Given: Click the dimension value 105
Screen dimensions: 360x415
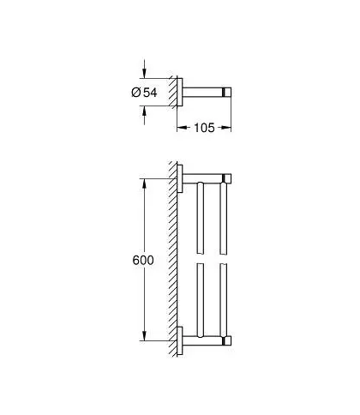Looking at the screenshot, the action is [x=204, y=128].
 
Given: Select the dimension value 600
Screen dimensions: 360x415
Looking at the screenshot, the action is [x=143, y=260].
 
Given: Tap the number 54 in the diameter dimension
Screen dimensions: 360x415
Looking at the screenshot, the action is [x=150, y=93].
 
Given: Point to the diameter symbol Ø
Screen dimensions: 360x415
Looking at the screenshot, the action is [x=136, y=93].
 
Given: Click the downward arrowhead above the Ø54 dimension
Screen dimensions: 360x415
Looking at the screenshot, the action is [x=144, y=73].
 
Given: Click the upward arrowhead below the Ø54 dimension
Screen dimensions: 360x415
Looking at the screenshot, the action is [x=144, y=111].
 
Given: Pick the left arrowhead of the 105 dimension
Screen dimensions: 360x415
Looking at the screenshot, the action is [x=183, y=128].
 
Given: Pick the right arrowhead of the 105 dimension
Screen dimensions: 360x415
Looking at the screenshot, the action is [x=225, y=128].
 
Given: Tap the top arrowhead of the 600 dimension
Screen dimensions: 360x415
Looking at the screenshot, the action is [x=144, y=183].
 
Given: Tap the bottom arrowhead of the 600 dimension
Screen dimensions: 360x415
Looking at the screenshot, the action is [x=144, y=335].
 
